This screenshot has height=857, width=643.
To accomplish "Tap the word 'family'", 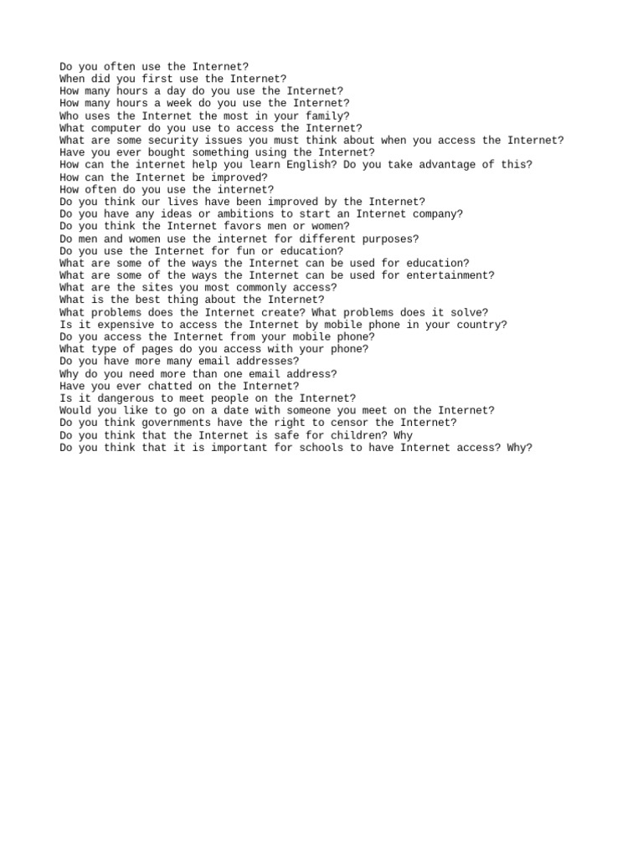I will [x=324, y=115].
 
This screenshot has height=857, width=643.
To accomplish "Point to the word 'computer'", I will [x=116, y=128].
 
